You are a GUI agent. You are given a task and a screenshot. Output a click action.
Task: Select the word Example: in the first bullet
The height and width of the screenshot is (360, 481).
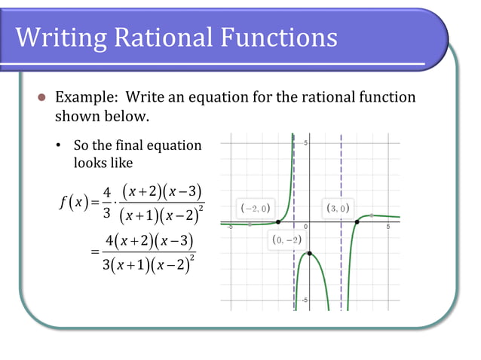(x=87, y=97)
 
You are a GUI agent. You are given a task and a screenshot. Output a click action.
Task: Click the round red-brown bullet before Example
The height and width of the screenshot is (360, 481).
(x=43, y=98)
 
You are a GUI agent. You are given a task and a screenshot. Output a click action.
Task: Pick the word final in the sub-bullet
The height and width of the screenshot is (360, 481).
(x=133, y=145)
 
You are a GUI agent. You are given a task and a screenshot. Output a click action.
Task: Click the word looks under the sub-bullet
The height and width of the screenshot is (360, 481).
(x=89, y=162)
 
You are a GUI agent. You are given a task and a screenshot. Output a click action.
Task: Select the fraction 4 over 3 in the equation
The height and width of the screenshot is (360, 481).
(x=107, y=203)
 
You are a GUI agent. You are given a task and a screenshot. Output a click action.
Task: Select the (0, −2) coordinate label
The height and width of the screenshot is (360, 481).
(x=287, y=240)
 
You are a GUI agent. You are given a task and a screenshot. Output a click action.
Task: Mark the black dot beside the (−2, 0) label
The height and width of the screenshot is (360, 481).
(x=278, y=222)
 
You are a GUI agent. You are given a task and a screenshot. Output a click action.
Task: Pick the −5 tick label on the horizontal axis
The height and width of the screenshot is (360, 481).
(x=228, y=228)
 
